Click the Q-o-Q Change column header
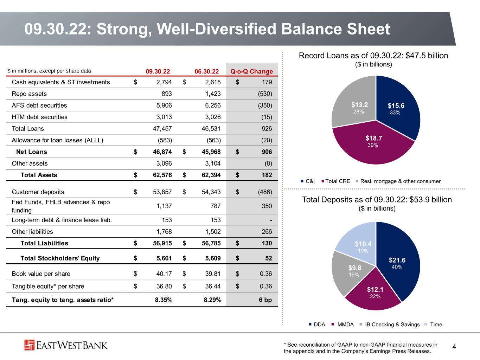(x=251, y=71)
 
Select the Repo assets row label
(x=29, y=94)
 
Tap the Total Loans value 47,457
(x=162, y=129)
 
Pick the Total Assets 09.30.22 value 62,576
(x=162, y=175)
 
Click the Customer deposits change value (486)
(x=265, y=192)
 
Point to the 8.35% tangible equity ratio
(x=164, y=300)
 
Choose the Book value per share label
(x=41, y=274)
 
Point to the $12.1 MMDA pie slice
(x=374, y=293)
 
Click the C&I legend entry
(x=308, y=181)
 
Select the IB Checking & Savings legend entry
(x=390, y=324)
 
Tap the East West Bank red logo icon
(x=29, y=345)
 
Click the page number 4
(x=454, y=347)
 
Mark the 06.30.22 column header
(x=207, y=71)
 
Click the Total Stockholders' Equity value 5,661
(x=164, y=258)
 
